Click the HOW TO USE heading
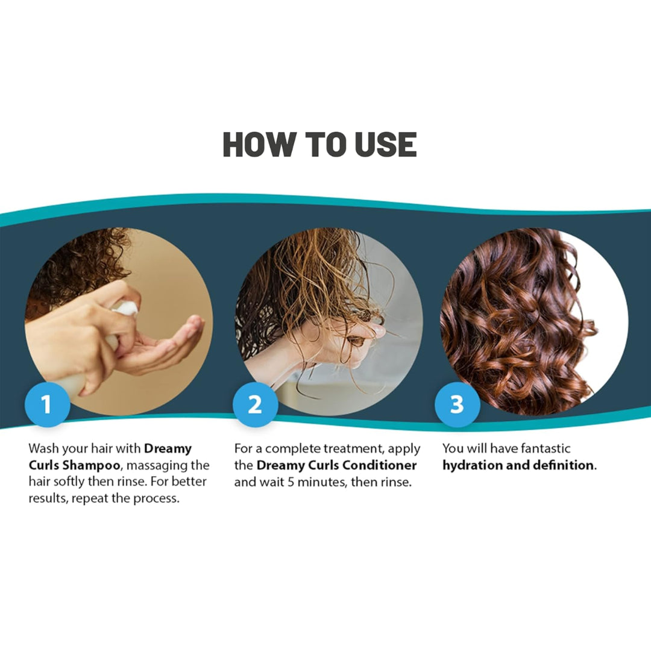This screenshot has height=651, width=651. point(319,145)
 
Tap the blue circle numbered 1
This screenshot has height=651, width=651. point(46,404)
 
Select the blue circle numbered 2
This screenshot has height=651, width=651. point(255,404)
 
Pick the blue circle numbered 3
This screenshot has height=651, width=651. point(457,404)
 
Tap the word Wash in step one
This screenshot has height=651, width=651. point(43,448)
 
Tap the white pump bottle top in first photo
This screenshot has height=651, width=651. point(127,308)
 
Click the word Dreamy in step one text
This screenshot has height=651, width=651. point(168,448)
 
